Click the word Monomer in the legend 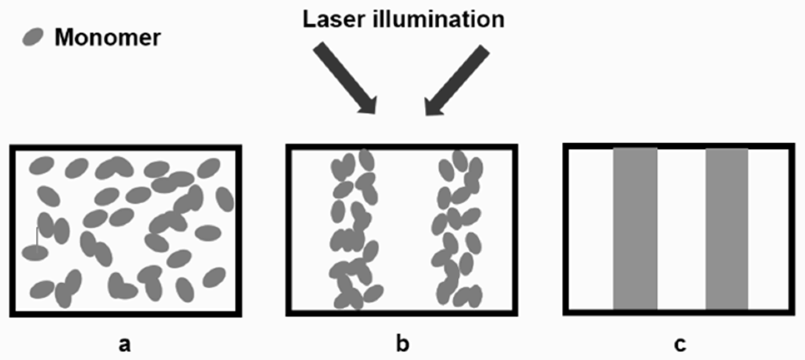[x=107, y=37]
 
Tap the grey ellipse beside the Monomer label [x=33, y=37]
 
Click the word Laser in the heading [x=333, y=19]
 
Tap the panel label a [x=125, y=345]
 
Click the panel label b [x=402, y=344]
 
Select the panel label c [x=680, y=345]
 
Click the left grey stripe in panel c [x=635, y=229]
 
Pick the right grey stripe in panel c [x=727, y=229]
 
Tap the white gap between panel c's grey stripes [x=681, y=229]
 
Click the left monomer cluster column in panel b [x=354, y=229]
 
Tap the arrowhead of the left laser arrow [x=369, y=106]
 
